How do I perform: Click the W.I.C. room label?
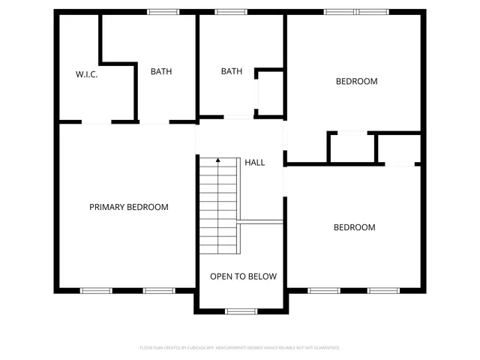point(87,74)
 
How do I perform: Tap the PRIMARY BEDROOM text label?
point(129,207)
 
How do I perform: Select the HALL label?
point(255,162)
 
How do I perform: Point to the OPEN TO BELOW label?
point(243,277)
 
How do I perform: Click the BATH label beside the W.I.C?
point(161,72)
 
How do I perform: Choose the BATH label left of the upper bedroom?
point(232,72)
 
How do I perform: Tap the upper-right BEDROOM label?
point(356,82)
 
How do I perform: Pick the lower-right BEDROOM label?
point(354,227)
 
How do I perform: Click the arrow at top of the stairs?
point(218,160)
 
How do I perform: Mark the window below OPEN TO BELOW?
point(241,310)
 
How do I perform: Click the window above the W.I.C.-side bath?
point(163,11)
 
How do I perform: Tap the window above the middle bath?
point(231,11)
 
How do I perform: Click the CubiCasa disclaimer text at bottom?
point(240,348)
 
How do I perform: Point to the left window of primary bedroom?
point(96,290)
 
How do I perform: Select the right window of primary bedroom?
point(159,290)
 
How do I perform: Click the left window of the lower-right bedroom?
point(324,290)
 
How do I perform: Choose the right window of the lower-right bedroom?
point(382,290)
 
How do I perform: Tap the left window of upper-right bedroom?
point(340,11)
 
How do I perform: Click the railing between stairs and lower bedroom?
point(261,221)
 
